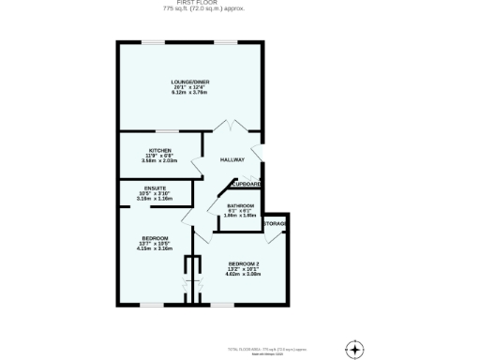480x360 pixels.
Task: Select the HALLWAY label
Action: tap(232, 160)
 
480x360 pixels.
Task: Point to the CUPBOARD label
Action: tap(247, 185)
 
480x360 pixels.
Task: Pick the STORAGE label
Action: tap(275, 224)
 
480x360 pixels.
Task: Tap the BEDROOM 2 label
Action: tap(242, 265)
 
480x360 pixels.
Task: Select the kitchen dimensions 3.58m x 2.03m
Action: tap(159, 160)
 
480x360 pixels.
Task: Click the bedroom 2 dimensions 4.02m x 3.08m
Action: tap(242, 274)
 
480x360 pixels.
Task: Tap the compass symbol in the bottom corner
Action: tap(353, 348)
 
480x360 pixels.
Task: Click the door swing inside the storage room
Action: tap(273, 237)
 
